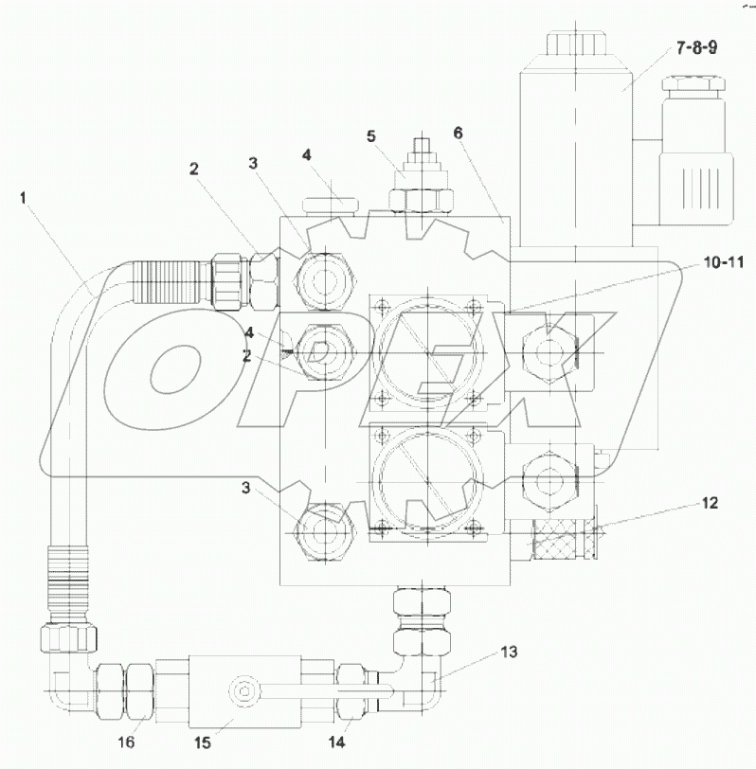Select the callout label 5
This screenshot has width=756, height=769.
pos(371,135)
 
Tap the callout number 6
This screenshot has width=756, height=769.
pos(458,134)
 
